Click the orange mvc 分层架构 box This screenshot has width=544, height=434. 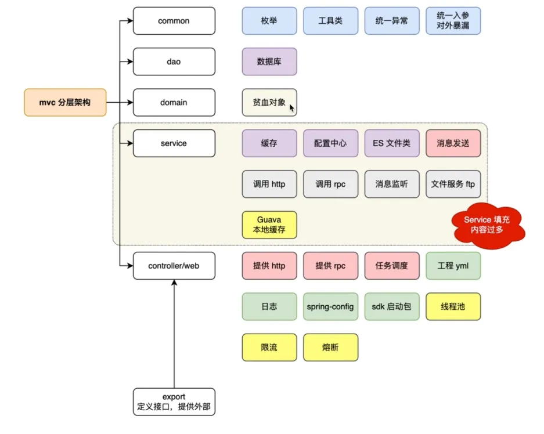tap(66, 102)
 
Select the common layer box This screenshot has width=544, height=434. tap(174, 21)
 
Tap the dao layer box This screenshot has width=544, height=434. tap(174, 62)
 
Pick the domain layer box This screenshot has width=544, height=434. tap(174, 102)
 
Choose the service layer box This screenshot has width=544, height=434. tap(174, 143)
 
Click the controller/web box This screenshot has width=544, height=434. tap(174, 266)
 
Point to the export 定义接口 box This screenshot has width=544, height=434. tap(174, 402)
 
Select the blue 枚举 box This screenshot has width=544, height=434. tap(269, 21)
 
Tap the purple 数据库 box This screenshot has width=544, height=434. tap(269, 62)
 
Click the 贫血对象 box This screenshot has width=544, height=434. tap(269, 102)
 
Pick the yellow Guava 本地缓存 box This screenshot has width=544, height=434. tap(269, 225)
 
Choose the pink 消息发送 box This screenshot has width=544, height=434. tap(453, 143)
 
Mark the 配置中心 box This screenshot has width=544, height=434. tap(330, 143)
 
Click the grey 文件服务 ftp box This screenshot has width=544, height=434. tap(453, 185)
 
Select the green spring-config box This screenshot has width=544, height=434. tap(330, 306)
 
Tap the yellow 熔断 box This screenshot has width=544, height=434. tap(330, 348)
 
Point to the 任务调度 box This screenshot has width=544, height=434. tap(392, 266)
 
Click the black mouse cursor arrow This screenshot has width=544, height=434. tap(292, 108)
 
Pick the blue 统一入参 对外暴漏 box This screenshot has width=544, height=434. tap(453, 21)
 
